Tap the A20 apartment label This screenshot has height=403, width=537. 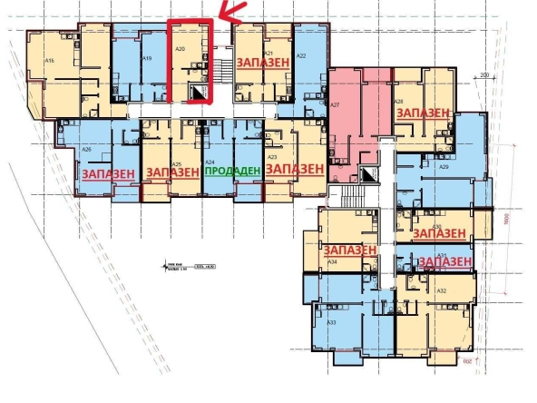point(181,47)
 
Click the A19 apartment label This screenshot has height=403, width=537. point(147,58)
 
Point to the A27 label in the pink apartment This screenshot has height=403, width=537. point(335,105)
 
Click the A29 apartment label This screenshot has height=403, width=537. point(444,168)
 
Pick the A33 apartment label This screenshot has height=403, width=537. point(332,323)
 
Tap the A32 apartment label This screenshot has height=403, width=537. point(442,290)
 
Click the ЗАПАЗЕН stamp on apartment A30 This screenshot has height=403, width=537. point(440,233)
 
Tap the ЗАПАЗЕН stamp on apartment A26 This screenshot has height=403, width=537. point(109,172)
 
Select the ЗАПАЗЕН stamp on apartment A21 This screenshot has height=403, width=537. point(264,63)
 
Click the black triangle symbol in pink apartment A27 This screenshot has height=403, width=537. point(367,172)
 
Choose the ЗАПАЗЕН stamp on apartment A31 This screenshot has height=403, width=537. point(446,262)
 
